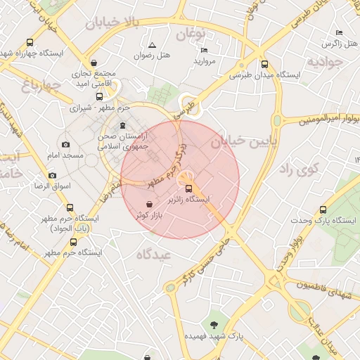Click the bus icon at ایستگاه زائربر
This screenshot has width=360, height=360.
tap(188, 188)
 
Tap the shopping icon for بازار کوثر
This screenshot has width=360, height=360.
tap(149, 204)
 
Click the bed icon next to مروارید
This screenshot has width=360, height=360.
tap(204, 50)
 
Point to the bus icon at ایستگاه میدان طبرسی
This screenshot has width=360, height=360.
tap(264, 63)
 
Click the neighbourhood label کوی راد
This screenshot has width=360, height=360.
tap(299, 169)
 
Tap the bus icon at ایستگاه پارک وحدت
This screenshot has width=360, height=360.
tap(323, 210)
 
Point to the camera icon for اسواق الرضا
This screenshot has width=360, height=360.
tap(52, 175)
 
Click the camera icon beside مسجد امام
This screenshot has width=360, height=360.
tap(66, 144)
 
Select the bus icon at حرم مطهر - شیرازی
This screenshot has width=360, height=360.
tap(99, 97)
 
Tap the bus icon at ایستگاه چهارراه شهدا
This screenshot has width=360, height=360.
tap(29, 42)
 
